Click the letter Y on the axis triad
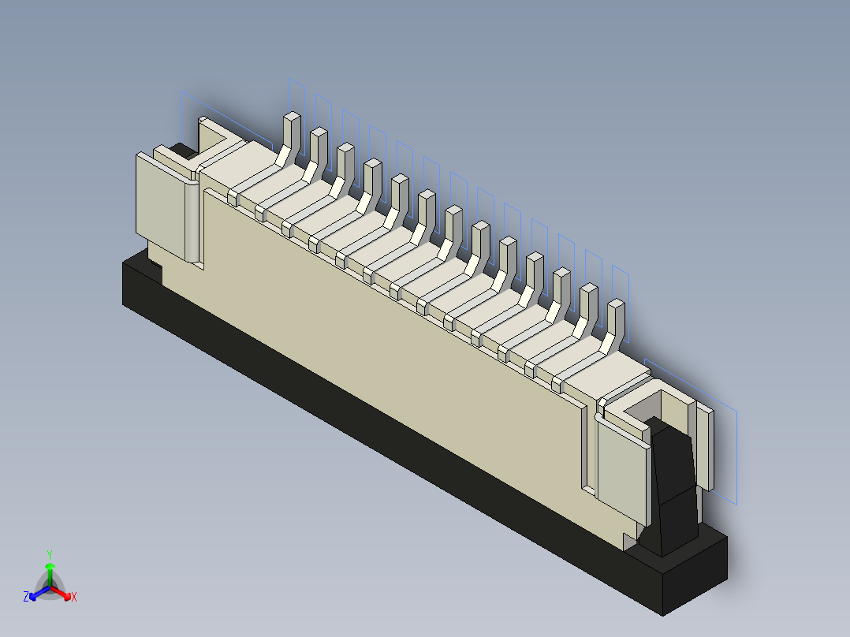tap(49, 553)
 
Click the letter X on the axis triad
tap(74, 598)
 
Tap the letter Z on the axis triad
tap(26, 598)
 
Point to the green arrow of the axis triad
tap(50, 569)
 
